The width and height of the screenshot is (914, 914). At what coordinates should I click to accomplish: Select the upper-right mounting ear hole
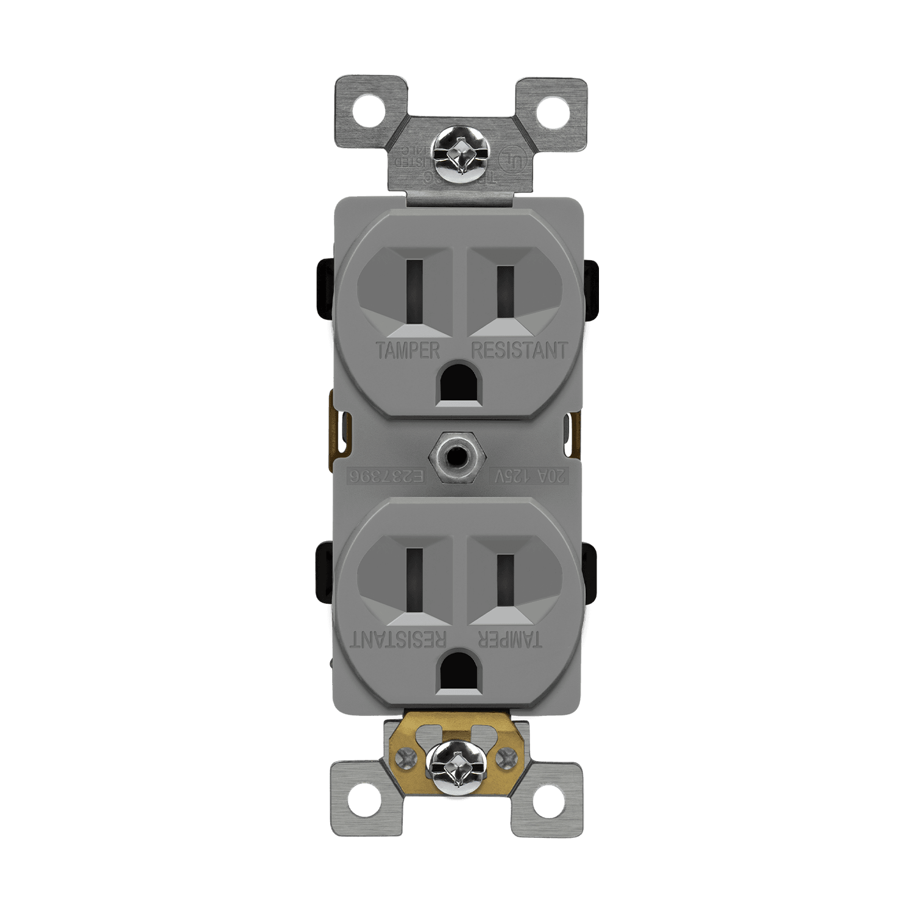[551, 112]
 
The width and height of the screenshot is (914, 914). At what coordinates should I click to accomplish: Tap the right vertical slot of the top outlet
[505, 291]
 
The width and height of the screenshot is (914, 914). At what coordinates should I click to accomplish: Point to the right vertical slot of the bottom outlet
[505, 579]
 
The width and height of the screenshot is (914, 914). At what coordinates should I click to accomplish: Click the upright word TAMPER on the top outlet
[408, 350]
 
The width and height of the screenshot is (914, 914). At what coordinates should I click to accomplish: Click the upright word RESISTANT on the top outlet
[519, 350]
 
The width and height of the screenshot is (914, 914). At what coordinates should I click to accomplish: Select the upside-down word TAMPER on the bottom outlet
[509, 639]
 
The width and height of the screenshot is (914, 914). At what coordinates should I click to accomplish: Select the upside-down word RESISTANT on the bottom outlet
[399, 639]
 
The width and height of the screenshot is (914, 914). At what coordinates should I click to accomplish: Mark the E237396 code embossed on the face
[386, 476]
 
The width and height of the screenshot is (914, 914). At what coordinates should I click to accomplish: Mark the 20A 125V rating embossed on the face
[529, 476]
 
